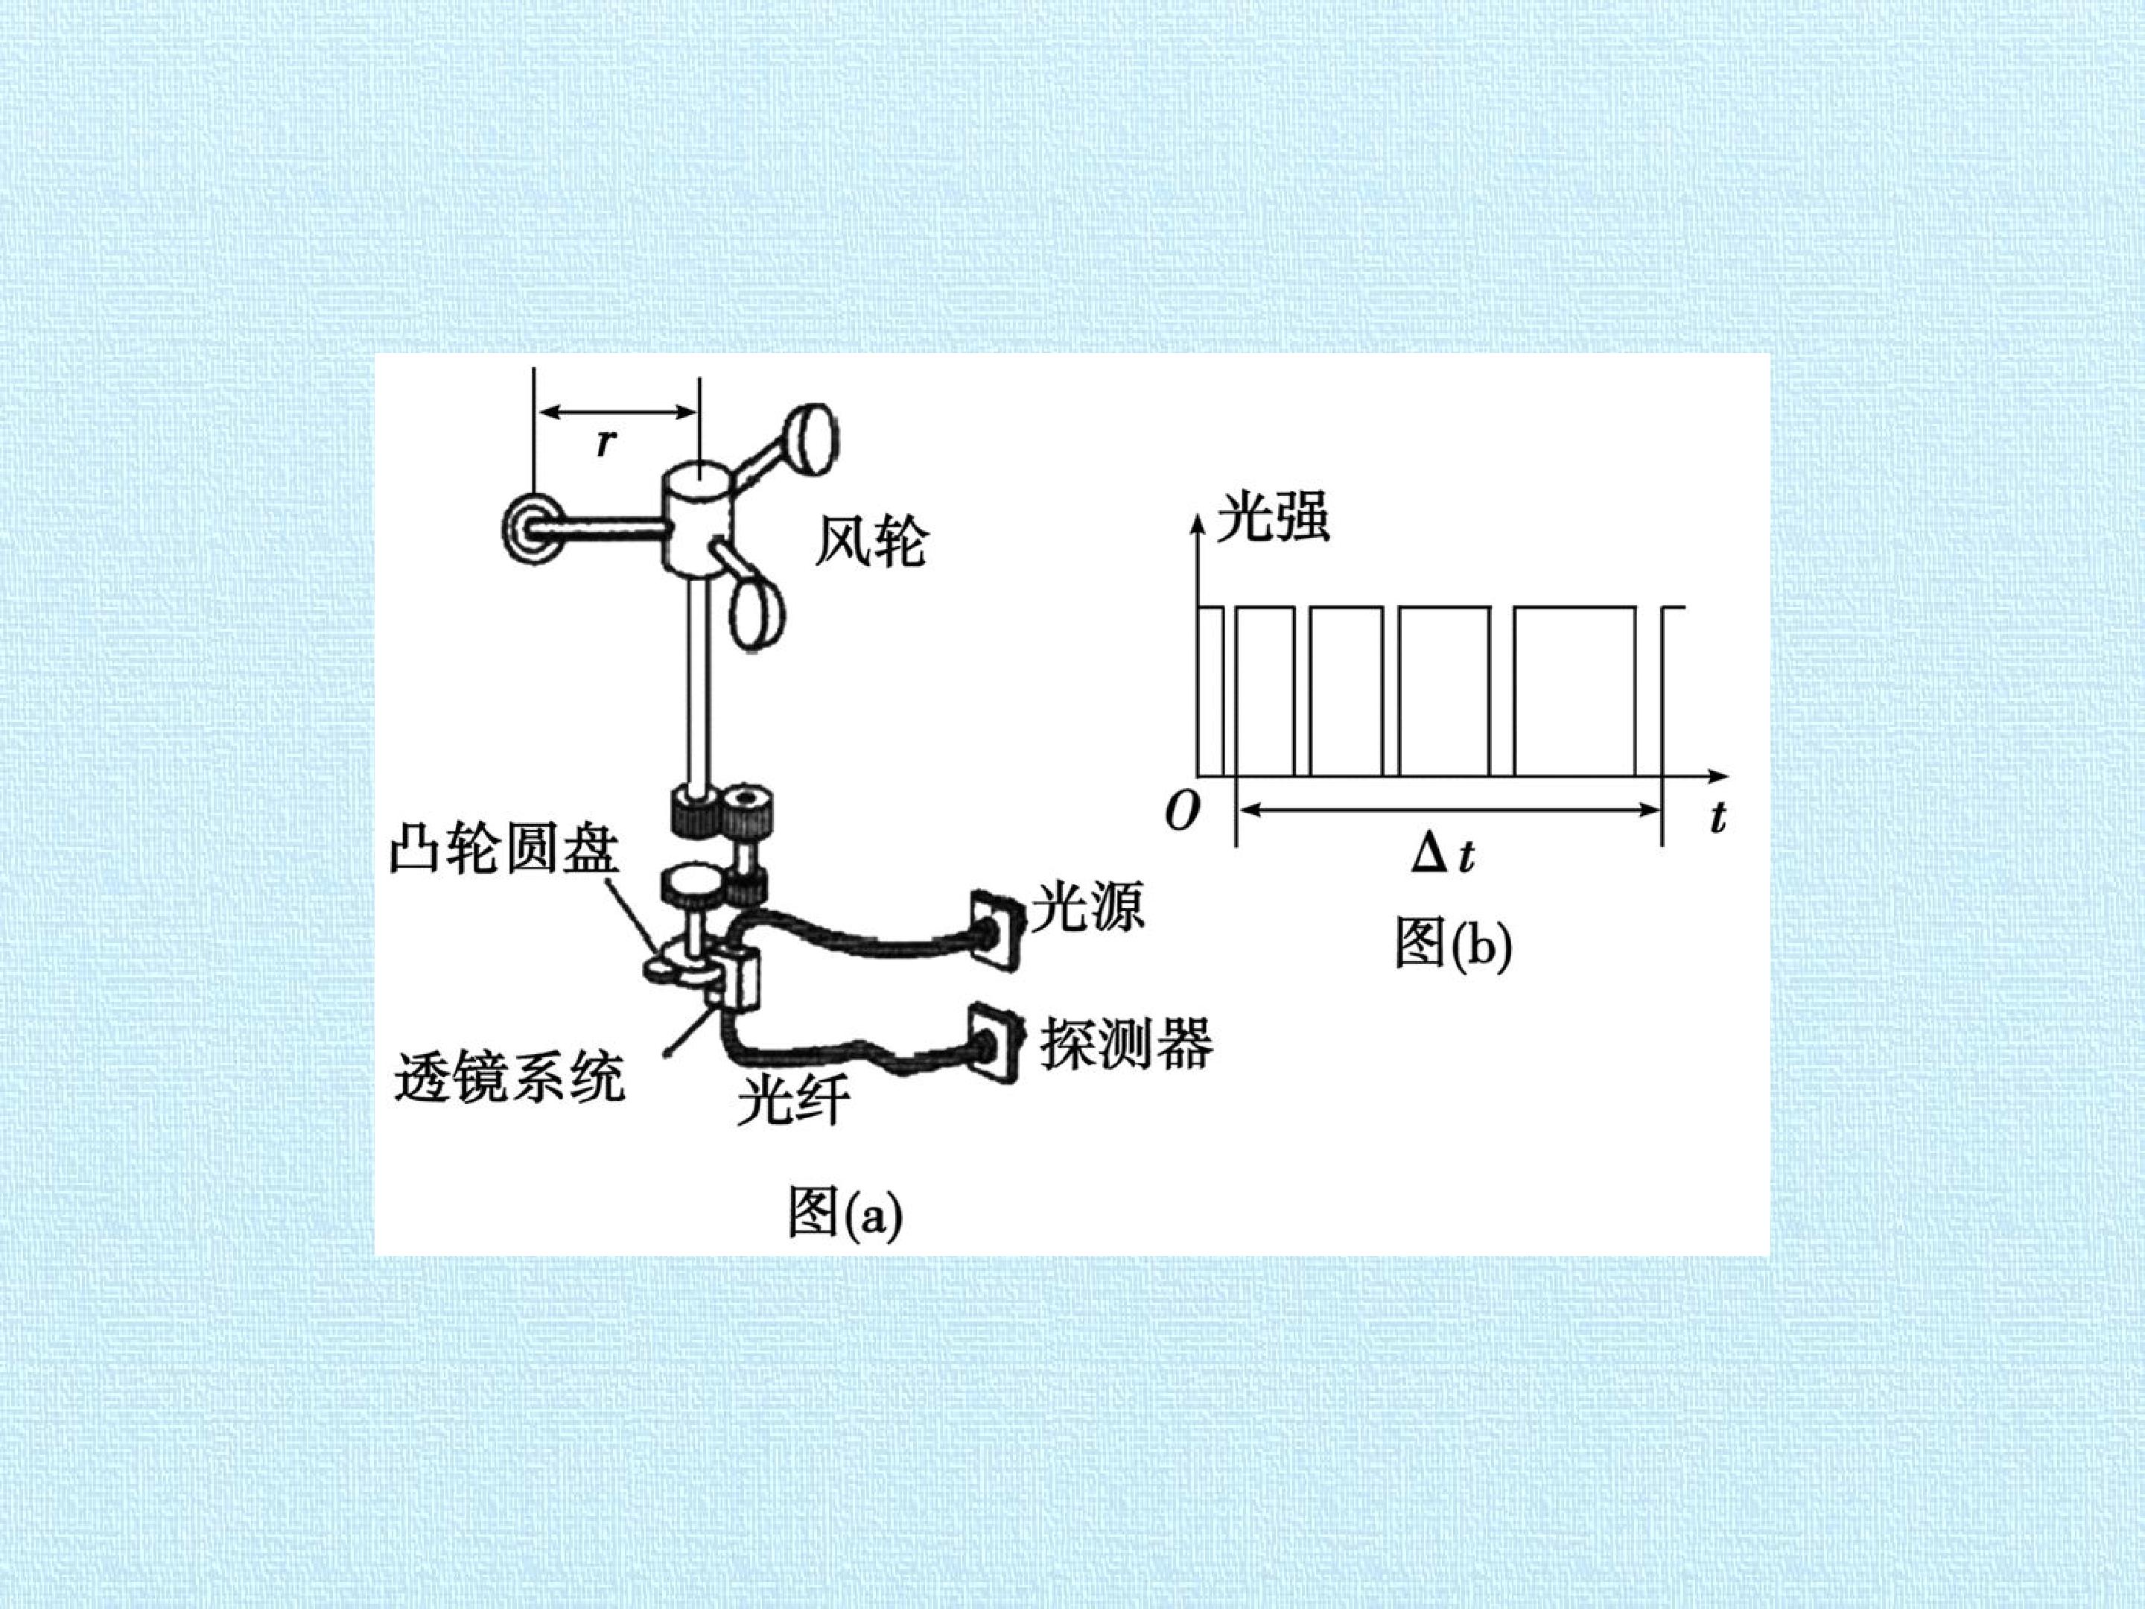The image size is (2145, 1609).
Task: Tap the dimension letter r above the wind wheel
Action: click(606, 442)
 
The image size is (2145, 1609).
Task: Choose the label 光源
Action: click(1087, 906)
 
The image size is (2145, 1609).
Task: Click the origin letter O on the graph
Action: click(1180, 812)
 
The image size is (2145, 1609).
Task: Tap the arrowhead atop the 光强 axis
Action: click(1198, 524)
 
